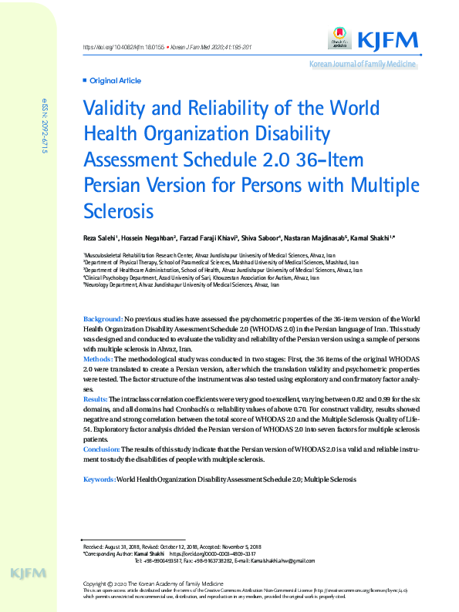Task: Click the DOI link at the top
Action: pos(113,49)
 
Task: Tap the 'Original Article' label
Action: pos(115,80)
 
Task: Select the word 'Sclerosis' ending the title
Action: pos(119,210)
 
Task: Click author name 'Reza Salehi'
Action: pos(102,238)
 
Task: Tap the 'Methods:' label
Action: pos(98,359)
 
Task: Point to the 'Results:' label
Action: pos(96,398)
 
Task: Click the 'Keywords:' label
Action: pos(99,480)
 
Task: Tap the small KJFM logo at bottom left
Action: pos(29,574)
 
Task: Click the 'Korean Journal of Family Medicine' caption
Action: pos(363,65)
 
